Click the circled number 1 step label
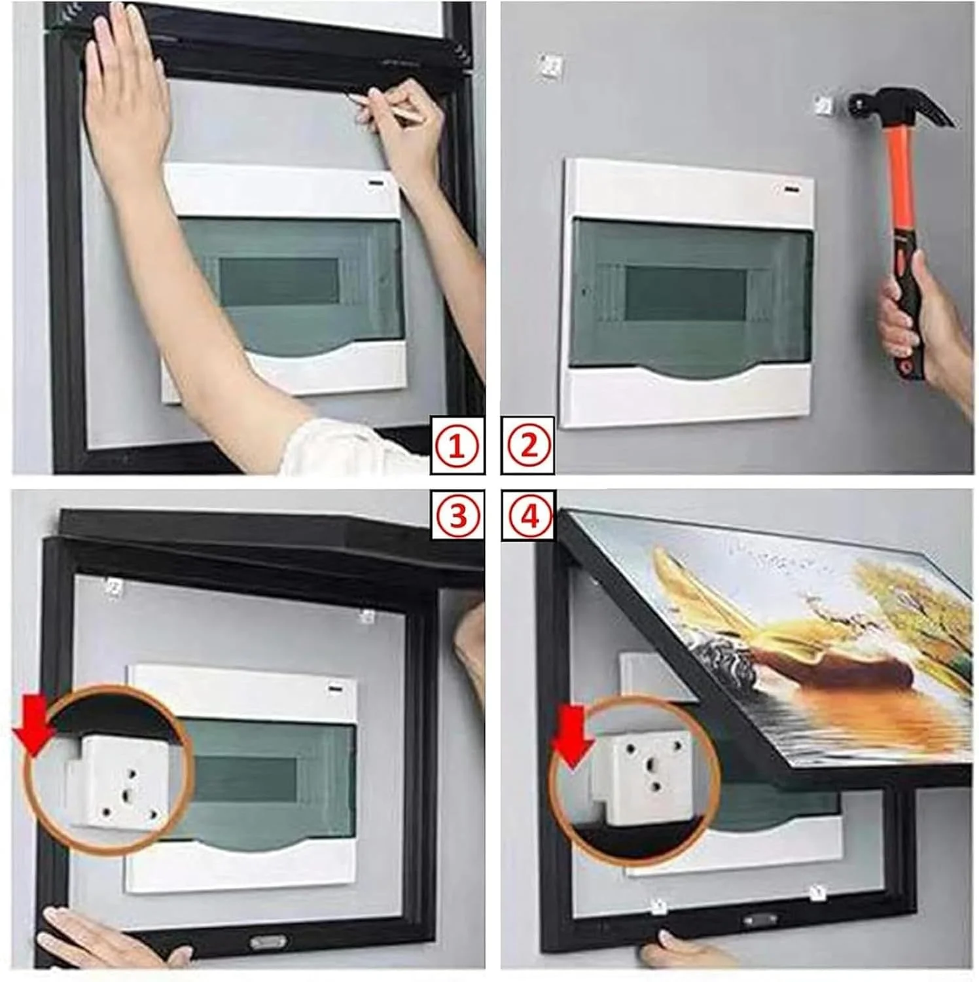click(457, 447)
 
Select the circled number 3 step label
click(457, 515)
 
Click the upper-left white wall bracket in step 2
click(550, 66)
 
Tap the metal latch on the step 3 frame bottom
click(268, 942)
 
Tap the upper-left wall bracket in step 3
click(114, 588)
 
